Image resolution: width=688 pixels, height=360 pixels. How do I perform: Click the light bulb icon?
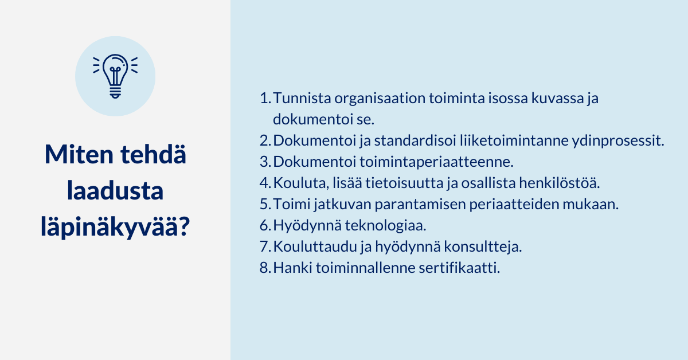pos(115,76)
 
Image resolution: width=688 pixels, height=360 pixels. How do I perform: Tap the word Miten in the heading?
pos(79,155)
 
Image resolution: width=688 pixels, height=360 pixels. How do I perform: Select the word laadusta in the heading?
pos(115,190)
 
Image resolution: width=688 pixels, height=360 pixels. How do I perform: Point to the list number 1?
pos(265,98)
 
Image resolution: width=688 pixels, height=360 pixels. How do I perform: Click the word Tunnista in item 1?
pos(302,98)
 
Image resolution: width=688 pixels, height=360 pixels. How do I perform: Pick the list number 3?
pos(265,162)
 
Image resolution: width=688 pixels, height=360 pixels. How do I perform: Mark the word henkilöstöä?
pos(560,183)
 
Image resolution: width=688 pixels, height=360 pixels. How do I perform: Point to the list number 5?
pos(265,204)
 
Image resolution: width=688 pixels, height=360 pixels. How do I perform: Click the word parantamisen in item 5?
pos(420,205)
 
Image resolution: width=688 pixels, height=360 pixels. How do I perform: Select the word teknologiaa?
pos(385,226)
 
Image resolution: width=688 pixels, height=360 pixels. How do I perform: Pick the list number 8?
pos(265,268)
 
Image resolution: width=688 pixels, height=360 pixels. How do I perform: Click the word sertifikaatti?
pos(459,268)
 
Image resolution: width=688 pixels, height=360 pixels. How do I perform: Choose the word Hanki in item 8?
pos(292,268)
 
